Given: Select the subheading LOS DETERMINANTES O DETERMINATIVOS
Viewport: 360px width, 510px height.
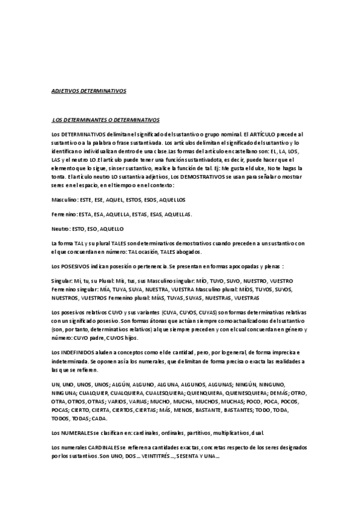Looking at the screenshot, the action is tap(106, 120).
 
